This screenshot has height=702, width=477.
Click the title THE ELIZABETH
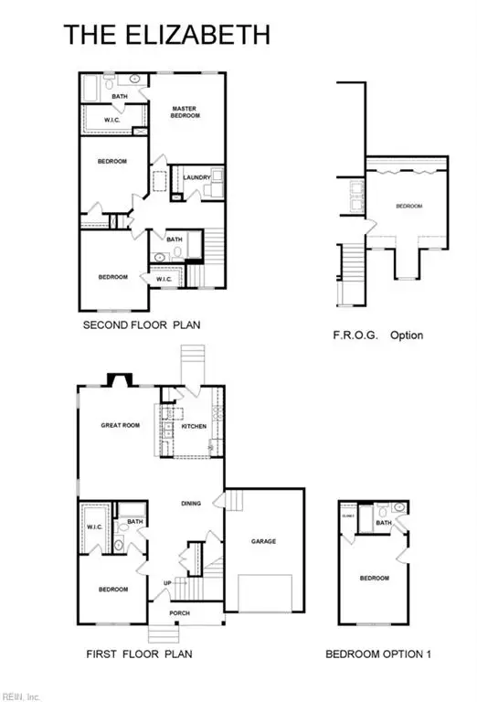pos(166,35)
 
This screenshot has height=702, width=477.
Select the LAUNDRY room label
pos(196,177)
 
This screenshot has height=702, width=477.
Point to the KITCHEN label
pos(194,427)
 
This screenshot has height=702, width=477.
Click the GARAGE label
pos(264,541)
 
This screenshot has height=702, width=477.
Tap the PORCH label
pos(180,612)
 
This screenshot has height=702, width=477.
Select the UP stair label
pos(166,582)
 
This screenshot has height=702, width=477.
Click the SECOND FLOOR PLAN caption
pos(142,324)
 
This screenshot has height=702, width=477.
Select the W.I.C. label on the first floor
pos(94,526)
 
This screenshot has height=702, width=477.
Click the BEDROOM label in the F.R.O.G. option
pos(408,207)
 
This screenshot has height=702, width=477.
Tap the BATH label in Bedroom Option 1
pos(385,523)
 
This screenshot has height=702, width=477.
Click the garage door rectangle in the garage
pos(264,593)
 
